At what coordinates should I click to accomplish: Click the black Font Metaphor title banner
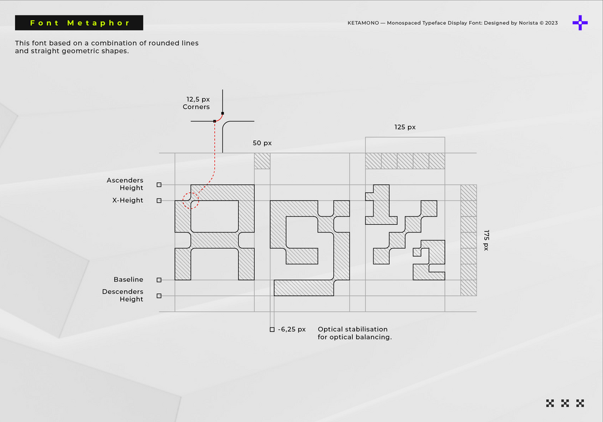pyautogui.click(x=79, y=23)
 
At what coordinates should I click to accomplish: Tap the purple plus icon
pyautogui.click(x=580, y=23)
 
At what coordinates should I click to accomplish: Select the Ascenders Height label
pyautogui.click(x=125, y=183)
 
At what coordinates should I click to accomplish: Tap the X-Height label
pyautogui.click(x=128, y=200)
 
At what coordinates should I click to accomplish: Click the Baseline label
pyautogui.click(x=128, y=279)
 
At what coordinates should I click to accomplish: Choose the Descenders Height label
pyautogui.click(x=122, y=295)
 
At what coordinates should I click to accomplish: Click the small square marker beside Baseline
pyautogui.click(x=159, y=280)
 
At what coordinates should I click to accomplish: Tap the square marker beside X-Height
pyautogui.click(x=159, y=201)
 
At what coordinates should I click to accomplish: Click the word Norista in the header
pyautogui.click(x=528, y=23)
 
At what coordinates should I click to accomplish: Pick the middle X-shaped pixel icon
pyautogui.click(x=565, y=403)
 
